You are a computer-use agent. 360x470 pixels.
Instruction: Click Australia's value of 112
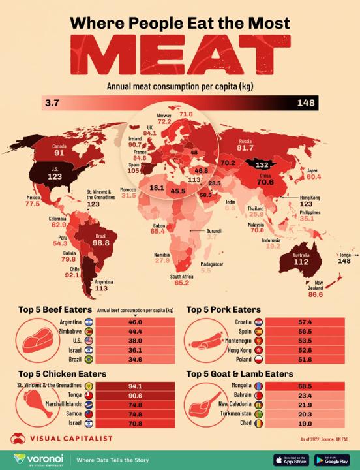(x=300, y=262)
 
